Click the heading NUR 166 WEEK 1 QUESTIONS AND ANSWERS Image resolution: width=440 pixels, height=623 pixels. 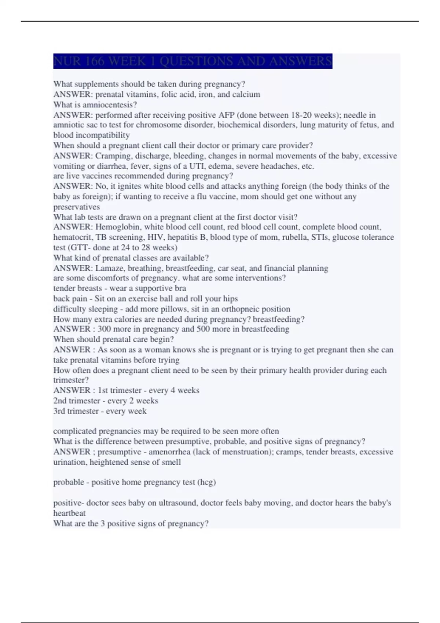pyautogui.click(x=192, y=61)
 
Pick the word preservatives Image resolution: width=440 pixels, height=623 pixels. pyautogui.click(x=76, y=207)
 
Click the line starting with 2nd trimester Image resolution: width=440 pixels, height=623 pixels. pyautogui.click(x=106, y=401)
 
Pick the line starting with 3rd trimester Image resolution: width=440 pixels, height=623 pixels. pyautogui.click(x=100, y=411)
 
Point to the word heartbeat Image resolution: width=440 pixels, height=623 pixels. pyautogui.click(x=69, y=513)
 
